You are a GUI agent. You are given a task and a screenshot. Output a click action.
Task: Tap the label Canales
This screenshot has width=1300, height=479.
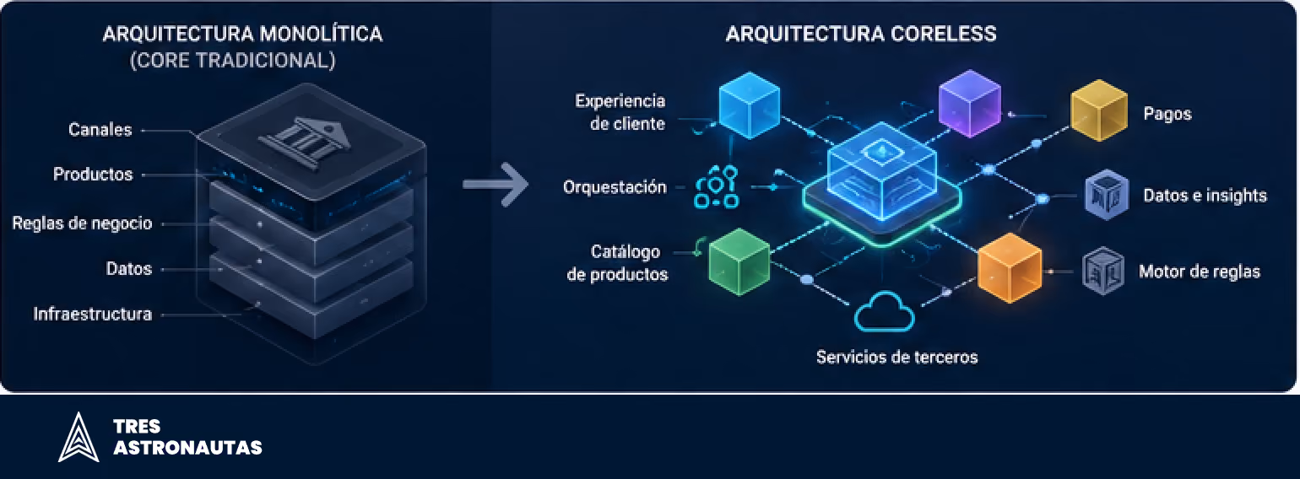coord(100,129)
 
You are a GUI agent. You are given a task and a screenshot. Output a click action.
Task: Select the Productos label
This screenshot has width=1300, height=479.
coord(93,174)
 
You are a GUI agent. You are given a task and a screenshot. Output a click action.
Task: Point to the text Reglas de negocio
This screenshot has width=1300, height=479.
coord(83,223)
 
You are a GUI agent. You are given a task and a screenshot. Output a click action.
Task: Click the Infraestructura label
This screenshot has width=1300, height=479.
coord(92,314)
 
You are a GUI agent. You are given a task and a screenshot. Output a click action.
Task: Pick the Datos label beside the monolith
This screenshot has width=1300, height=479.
coord(129,268)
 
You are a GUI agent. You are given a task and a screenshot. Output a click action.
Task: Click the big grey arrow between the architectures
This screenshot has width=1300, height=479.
coord(496,185)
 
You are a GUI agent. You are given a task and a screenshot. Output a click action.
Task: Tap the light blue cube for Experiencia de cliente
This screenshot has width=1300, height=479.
coord(750,105)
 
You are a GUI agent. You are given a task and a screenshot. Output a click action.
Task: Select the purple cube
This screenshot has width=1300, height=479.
coord(969,103)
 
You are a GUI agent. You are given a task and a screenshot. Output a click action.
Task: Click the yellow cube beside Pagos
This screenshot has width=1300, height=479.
coord(1098,110)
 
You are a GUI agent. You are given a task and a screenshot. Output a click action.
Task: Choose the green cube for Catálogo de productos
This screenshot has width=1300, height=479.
coord(739,261)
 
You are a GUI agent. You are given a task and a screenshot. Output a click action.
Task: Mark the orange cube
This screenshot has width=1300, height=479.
coord(1010,267)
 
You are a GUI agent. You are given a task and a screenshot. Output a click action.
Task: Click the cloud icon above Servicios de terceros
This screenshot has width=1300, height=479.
coord(885,312)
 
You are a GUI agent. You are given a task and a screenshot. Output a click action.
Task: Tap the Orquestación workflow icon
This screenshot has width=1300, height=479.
coord(716,186)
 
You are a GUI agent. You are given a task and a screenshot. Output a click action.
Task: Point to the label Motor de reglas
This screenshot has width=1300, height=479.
coord(1199,272)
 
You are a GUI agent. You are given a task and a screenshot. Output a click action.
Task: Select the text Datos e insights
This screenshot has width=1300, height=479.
coord(1205,196)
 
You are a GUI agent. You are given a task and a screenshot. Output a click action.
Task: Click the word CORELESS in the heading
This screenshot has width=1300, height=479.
coord(944,34)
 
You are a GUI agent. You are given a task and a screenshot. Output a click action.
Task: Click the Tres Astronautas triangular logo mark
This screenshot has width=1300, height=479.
coord(79,437)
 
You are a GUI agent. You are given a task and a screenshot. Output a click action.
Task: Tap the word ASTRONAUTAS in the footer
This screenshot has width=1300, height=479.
coord(188,448)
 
